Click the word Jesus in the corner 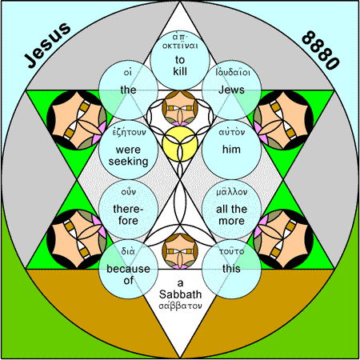coord(47,45)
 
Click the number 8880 coord(321,50)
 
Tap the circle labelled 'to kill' coord(180,60)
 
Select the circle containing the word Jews coord(231,90)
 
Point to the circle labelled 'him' coord(231,150)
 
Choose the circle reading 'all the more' coord(231,210)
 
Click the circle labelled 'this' coord(231,269)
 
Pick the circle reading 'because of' coord(128,269)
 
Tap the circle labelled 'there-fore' coord(128,210)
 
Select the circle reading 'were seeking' coord(128,150)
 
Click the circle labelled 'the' coord(128,90)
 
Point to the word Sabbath coord(180,294)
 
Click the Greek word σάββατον coord(180,306)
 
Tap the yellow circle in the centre coord(180,144)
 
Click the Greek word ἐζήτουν coord(129,133)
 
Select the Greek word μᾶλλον coord(231,192)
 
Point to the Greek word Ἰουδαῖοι coord(233,72)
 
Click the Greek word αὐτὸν coord(231,132)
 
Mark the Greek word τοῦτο coord(231,251)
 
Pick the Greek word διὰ coord(128,251)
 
